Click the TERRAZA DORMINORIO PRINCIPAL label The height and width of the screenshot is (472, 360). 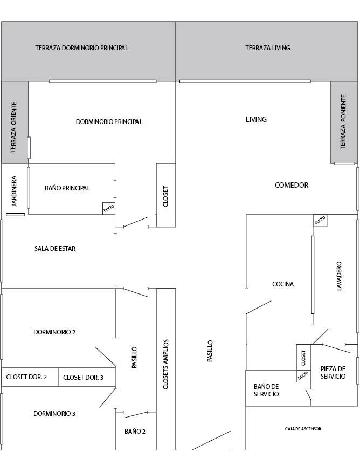[x=81, y=47]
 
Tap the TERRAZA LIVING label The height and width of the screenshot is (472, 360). [x=268, y=47]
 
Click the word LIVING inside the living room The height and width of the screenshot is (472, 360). [x=256, y=119]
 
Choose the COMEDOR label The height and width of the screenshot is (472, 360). [x=291, y=185]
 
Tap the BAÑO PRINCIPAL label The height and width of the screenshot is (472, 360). [x=67, y=188]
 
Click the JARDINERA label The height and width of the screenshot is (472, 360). [x=15, y=191]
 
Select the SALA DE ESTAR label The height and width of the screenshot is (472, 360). [x=55, y=249]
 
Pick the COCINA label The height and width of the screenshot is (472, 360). [x=283, y=284]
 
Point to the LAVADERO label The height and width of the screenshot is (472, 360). [x=340, y=277]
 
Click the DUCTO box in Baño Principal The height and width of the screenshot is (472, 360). [x=109, y=208]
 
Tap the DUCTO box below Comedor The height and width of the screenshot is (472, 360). [x=320, y=220]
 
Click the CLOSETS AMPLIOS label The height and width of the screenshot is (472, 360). [x=166, y=365]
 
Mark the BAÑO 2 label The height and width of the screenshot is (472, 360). [x=135, y=432]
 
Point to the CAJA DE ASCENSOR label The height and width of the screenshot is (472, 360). [x=303, y=429]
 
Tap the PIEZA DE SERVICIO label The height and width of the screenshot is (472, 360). [x=333, y=373]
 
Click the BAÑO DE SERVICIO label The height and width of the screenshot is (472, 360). [x=266, y=391]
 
